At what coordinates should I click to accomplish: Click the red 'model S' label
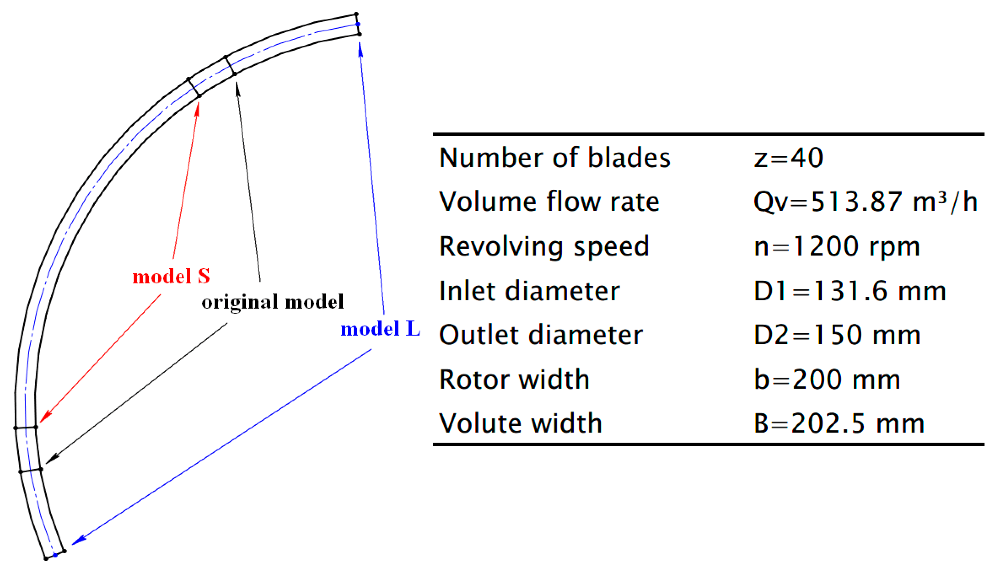click(171, 276)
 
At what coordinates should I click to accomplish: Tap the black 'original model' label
click(272, 302)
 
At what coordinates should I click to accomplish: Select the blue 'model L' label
click(380, 329)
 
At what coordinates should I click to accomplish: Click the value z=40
click(788, 158)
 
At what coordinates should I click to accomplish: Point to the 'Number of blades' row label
click(554, 158)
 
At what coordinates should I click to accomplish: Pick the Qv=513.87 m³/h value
click(865, 202)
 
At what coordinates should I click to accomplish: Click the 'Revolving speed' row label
click(544, 246)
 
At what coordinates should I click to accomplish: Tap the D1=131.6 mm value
click(850, 291)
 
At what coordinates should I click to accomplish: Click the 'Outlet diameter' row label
click(541, 335)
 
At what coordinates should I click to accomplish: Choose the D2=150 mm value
click(837, 335)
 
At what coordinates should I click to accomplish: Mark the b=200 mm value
click(827, 379)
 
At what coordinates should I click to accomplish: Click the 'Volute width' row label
click(520, 424)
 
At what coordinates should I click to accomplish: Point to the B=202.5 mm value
click(839, 424)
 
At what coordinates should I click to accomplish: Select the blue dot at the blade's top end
click(358, 24)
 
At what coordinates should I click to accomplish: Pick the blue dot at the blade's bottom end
click(55, 555)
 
